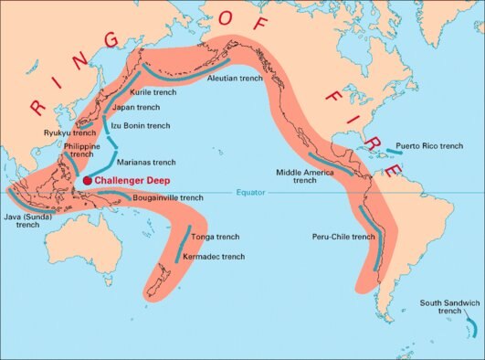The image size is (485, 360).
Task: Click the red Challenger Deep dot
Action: (88, 181)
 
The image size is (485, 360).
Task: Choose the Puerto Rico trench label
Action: (434, 146)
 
